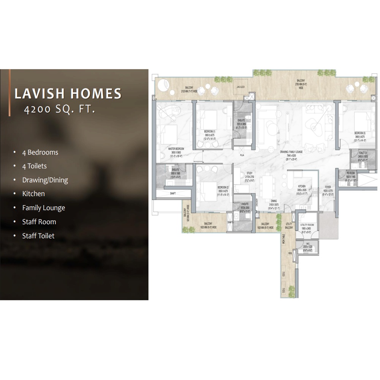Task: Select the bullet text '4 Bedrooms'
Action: [40, 152]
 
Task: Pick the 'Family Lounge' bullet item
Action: [43, 208]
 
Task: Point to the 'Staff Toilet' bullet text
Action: [38, 236]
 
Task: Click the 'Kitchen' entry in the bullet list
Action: [33, 194]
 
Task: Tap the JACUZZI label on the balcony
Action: [240, 86]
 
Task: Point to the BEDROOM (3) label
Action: [360, 133]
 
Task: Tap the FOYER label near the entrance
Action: [328, 187]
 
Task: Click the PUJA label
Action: [242, 155]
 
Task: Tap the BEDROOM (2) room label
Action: [223, 188]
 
